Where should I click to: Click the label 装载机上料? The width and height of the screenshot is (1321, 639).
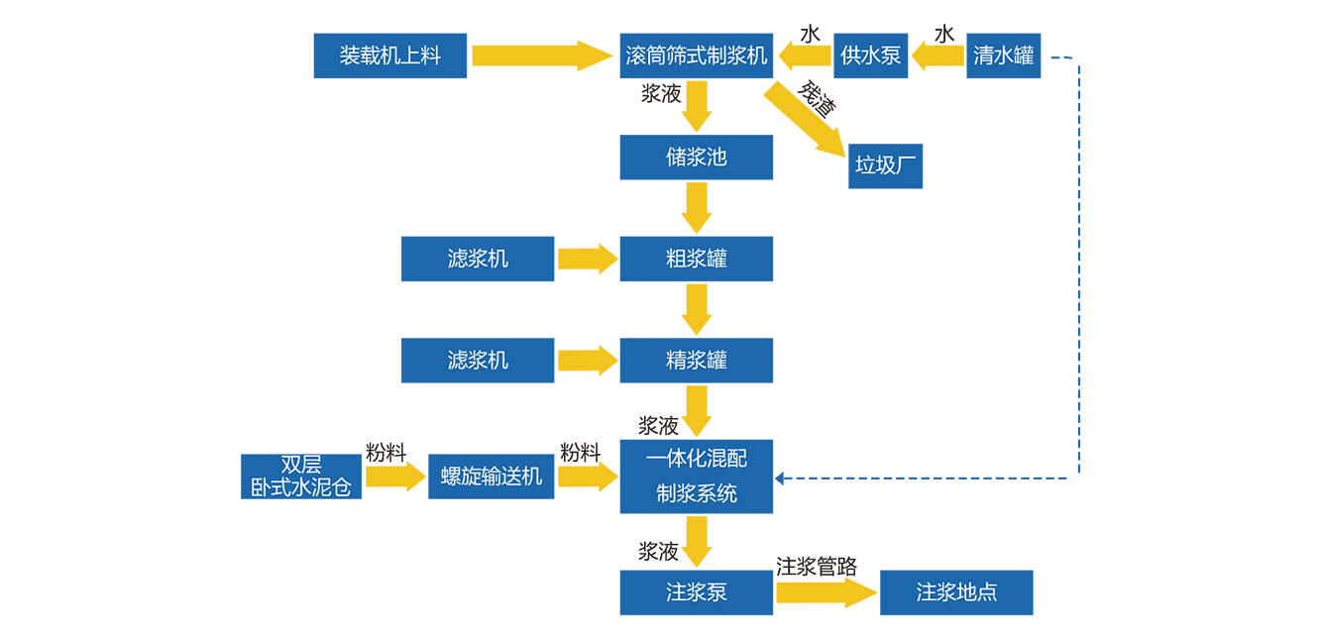pos(389,55)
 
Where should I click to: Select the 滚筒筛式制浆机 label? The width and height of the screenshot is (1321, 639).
pos(697,55)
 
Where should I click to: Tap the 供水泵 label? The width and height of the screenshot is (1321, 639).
pos(870,55)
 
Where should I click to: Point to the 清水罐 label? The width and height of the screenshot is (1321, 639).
pos(1003,55)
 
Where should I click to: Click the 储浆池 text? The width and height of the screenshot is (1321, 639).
pos(696,157)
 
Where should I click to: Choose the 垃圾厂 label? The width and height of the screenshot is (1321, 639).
pos(878,164)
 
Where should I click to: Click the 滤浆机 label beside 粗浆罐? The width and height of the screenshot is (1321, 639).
pos(478,259)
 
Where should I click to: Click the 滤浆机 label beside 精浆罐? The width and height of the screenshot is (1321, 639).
pos(478,360)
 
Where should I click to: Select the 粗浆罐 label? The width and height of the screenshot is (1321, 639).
pos(696,259)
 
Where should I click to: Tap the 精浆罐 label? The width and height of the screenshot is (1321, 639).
pos(696,360)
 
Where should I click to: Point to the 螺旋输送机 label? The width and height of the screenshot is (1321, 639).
pos(492,477)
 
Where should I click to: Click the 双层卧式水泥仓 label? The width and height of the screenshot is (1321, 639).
pos(300,477)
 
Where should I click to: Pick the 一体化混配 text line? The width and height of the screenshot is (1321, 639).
pos(696,458)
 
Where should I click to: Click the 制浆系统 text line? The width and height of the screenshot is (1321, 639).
pos(696,492)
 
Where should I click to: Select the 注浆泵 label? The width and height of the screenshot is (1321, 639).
pos(696,592)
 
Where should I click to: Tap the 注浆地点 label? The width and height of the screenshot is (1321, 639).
pos(956,592)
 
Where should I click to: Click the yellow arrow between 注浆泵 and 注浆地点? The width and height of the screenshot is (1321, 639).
pos(826,594)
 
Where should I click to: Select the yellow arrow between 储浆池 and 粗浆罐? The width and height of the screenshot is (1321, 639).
pos(697,209)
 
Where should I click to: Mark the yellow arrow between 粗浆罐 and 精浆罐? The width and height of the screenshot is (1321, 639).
pos(697,309)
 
